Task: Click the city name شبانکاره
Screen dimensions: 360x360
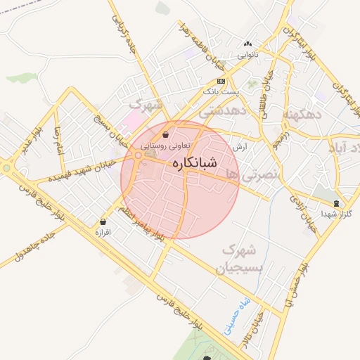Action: pyautogui.click(x=193, y=162)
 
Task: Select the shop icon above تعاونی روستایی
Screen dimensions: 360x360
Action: pyautogui.click(x=165, y=134)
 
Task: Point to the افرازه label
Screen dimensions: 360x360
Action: pyautogui.click(x=104, y=231)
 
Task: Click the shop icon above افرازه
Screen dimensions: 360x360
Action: pyautogui.click(x=104, y=221)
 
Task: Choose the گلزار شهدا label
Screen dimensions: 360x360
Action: pyautogui.click(x=335, y=213)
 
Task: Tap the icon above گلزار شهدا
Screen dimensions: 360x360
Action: pyautogui.click(x=335, y=203)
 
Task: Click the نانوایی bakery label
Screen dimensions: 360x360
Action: pyautogui.click(x=247, y=54)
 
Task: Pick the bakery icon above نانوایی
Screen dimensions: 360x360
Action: pyautogui.click(x=247, y=44)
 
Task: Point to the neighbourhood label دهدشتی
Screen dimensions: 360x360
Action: pyautogui.click(x=222, y=111)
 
